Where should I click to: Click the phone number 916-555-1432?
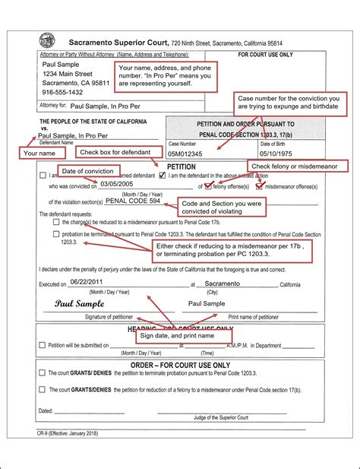pyautogui.click(x=64, y=91)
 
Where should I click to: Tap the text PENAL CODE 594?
pyautogui.click(x=133, y=201)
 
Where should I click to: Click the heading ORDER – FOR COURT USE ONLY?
pyautogui.click(x=182, y=365)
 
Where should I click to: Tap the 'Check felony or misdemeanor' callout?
pyautogui.click(x=297, y=166)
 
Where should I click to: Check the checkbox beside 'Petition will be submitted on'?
pyautogui.click(x=43, y=345)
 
